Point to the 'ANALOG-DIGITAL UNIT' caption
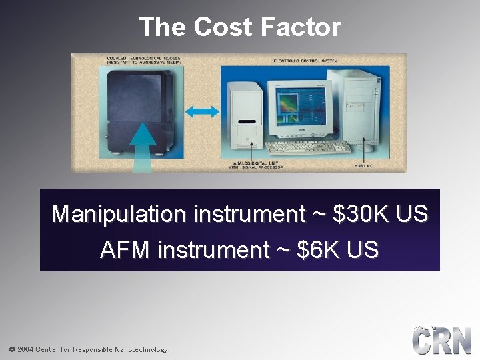(x=254, y=165)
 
